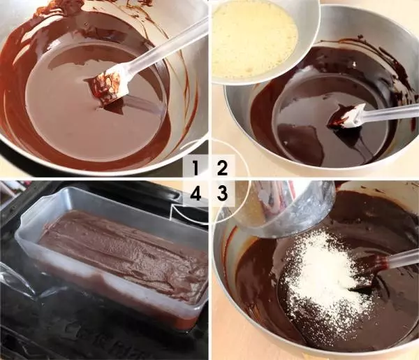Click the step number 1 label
pyautogui.click(x=196, y=168)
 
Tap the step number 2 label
pyautogui.click(x=222, y=168)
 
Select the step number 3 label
pyautogui.click(x=222, y=193)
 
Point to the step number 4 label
pyautogui.click(x=196, y=193)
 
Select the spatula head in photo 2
pyautogui.click(x=347, y=115)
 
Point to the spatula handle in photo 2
pyautogui.click(x=390, y=113)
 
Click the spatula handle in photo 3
pyautogui.click(x=401, y=258)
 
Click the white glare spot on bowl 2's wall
pyautogui.click(x=354, y=64)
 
